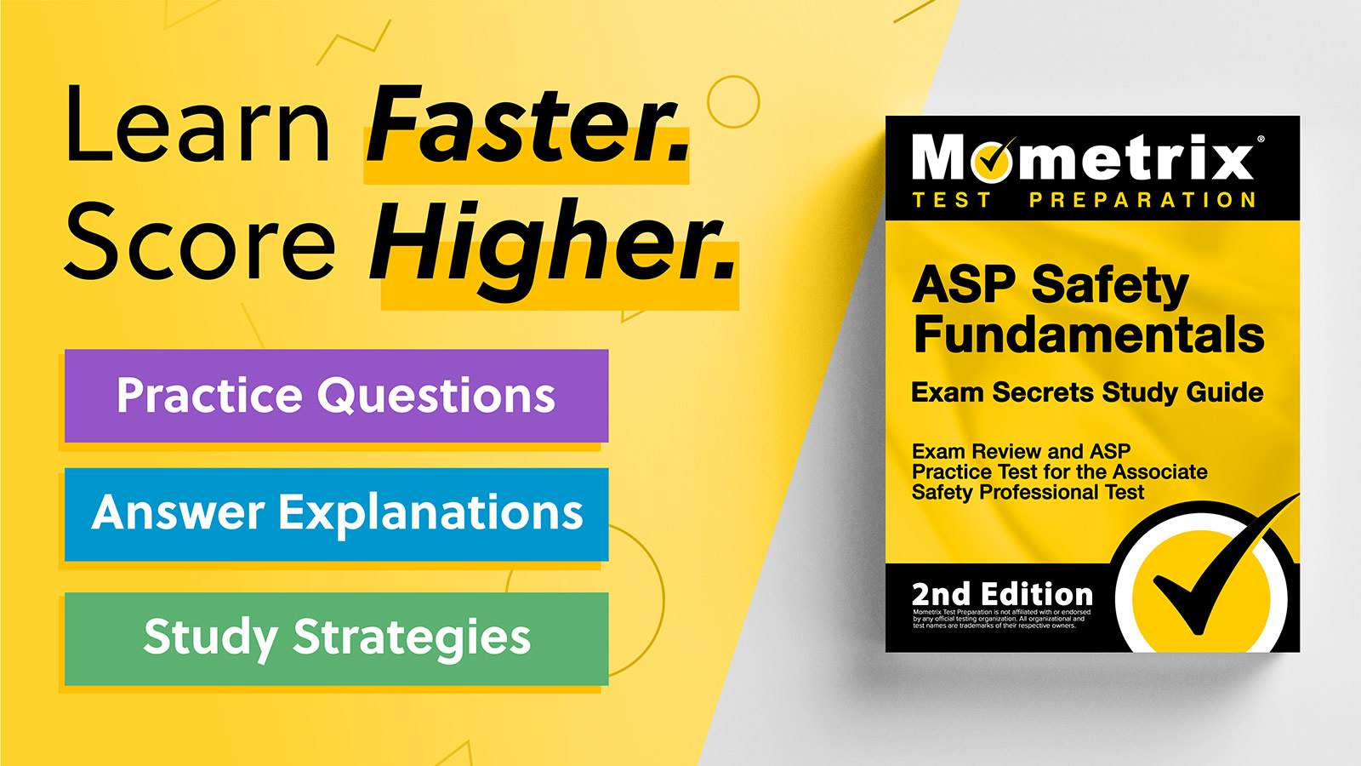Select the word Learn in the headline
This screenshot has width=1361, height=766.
coord(197,126)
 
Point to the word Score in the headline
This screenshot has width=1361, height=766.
coord(201,243)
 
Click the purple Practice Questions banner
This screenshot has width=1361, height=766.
coord(336,396)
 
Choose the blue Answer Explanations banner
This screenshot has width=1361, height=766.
coord(336,513)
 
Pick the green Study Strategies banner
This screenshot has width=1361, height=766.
coord(336,638)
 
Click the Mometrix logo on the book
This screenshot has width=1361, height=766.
coord(1082,158)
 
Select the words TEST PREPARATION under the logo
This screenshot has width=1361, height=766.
coord(1084,201)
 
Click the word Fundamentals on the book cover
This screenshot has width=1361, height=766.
coord(1089,334)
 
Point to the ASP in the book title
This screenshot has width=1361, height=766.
coord(964,285)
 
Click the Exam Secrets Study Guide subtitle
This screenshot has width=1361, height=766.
coord(1087,392)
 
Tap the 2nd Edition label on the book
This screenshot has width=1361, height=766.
coord(1002,594)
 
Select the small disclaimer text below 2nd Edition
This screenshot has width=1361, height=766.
coord(1001,619)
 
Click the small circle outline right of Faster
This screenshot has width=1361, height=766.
coord(732,102)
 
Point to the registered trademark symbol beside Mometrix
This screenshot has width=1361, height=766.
coord(1261,139)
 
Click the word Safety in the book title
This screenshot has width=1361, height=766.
coord(1109,285)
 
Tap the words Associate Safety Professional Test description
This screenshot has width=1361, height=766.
coord(1059,482)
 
